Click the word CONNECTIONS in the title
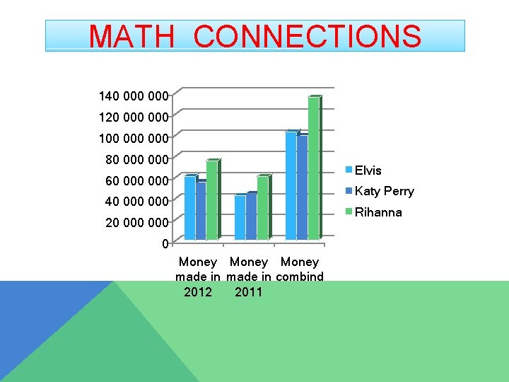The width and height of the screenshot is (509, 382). (308, 36)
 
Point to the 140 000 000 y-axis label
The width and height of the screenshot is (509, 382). (133, 95)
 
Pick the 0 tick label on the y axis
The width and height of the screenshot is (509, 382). (165, 244)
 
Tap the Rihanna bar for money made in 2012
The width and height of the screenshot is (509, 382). (212, 199)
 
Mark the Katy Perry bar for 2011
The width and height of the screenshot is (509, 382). (251, 216)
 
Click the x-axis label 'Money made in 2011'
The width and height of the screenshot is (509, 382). (249, 277)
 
